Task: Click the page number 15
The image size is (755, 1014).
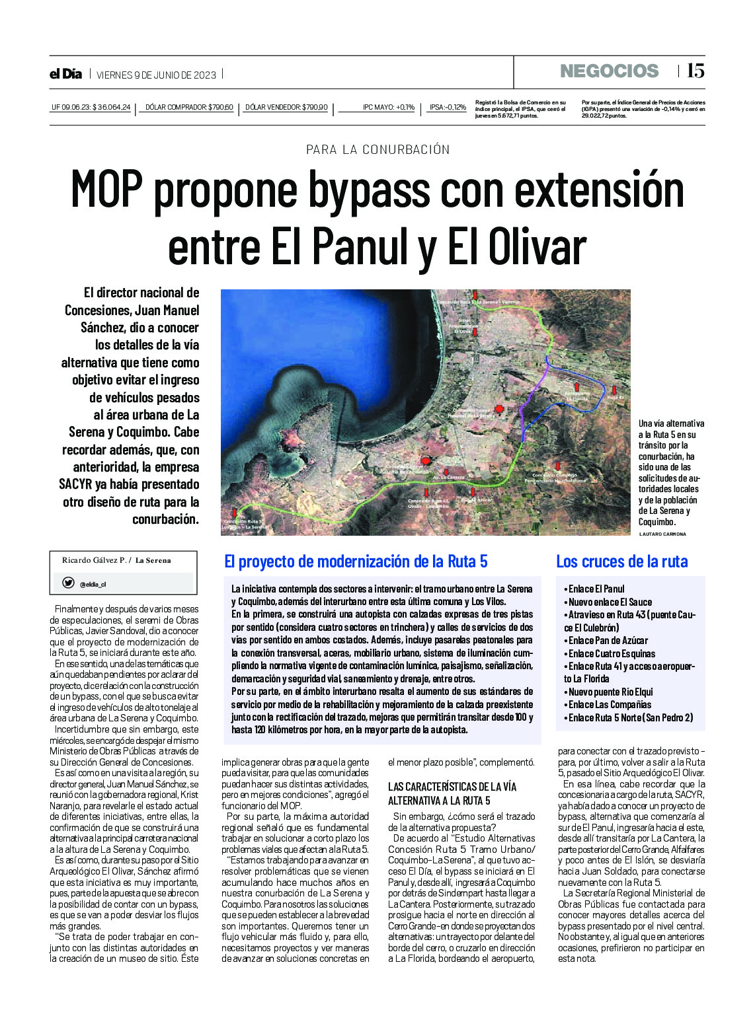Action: coord(695,71)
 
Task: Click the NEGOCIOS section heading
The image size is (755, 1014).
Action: coord(609,71)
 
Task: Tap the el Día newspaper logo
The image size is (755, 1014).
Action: coord(65,74)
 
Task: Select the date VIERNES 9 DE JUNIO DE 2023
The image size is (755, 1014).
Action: coord(156,75)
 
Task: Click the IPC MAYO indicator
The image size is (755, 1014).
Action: coord(388,107)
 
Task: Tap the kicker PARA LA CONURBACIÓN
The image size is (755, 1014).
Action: coord(377,150)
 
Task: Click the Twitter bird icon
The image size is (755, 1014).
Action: coord(68,583)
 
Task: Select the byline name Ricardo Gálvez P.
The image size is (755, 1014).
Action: coord(93,560)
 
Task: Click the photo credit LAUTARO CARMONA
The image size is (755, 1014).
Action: coord(662,534)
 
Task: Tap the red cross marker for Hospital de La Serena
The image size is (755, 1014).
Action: coord(499,410)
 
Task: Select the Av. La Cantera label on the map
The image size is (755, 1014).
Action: coord(448,476)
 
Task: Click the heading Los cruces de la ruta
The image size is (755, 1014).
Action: coord(621,561)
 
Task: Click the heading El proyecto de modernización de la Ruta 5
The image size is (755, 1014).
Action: coord(356,561)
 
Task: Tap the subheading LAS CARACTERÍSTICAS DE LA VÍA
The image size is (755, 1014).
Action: coord(452,786)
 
